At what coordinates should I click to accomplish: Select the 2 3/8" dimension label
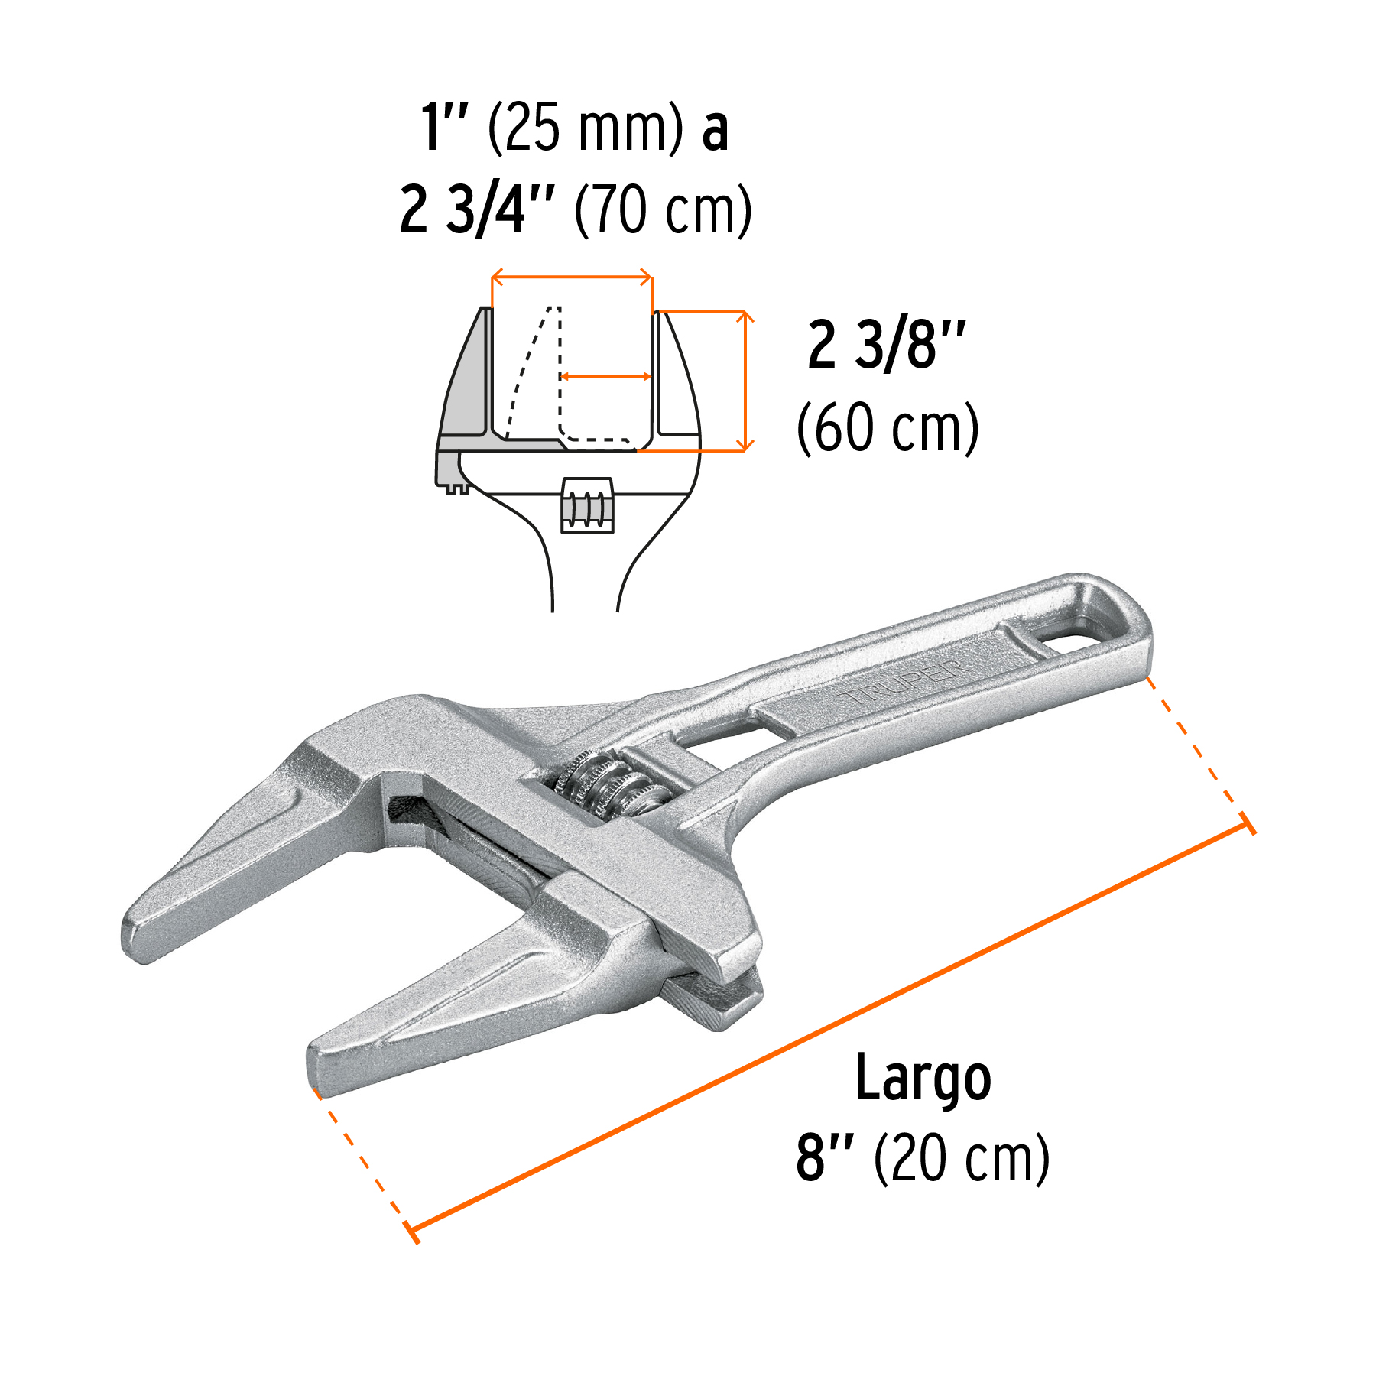coord(887,346)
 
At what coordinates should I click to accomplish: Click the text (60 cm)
coord(888,428)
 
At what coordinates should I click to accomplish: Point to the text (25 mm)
coord(586,128)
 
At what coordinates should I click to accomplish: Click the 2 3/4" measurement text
coord(477,209)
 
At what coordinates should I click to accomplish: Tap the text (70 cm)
coord(663,209)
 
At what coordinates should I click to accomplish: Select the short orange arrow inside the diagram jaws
coord(605,376)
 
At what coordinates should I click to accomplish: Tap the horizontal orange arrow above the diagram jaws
coord(572,277)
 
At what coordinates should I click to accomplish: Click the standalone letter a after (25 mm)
coord(715,130)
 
